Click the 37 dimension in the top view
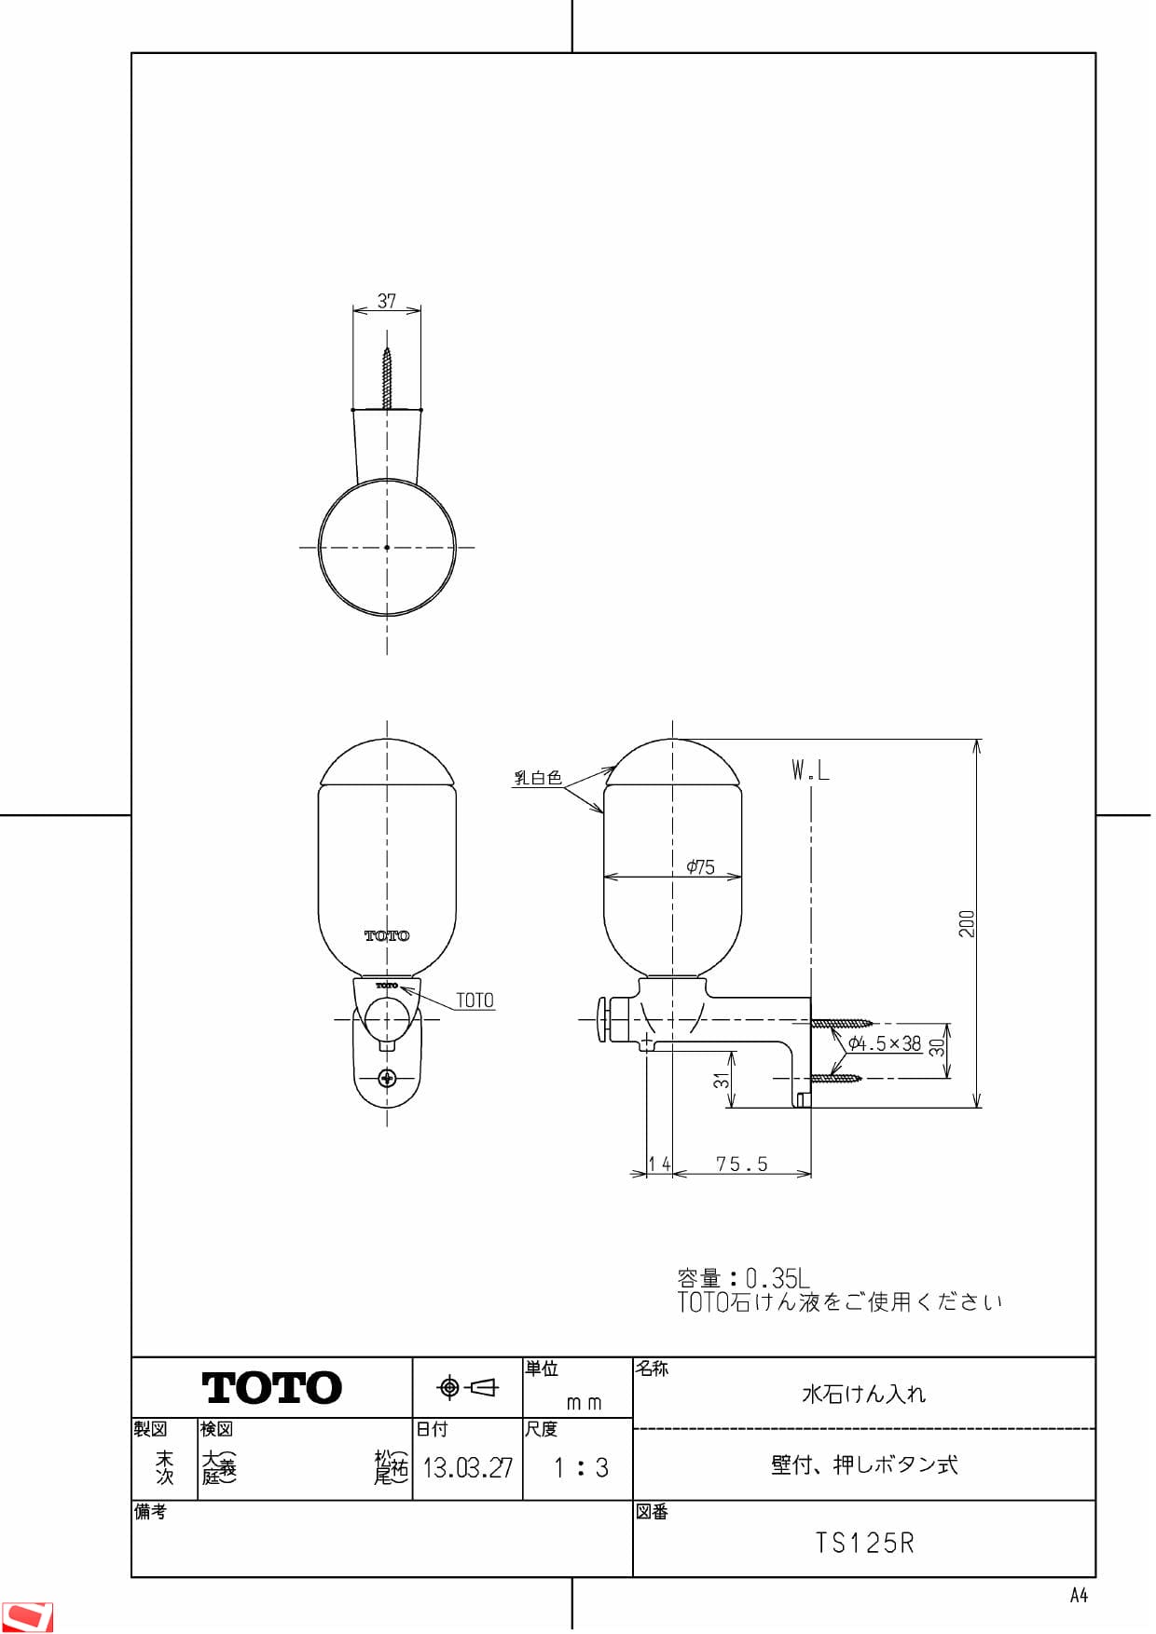[387, 301]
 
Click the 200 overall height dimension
[967, 923]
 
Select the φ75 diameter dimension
[700, 867]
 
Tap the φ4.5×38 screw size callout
[885, 1043]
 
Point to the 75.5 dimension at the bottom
[742, 1164]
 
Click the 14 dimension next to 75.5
[659, 1164]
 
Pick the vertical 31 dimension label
[721, 1080]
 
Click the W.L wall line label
[810, 770]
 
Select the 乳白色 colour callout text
[538, 778]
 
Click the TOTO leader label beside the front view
[475, 1001]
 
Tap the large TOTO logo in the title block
[271, 1388]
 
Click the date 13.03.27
[467, 1468]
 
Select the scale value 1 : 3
[580, 1468]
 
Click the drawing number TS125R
[864, 1543]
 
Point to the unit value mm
[584, 1402]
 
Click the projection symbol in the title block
[467, 1387]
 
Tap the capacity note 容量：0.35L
[743, 1277]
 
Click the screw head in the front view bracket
[388, 1079]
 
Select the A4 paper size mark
[1078, 1596]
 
